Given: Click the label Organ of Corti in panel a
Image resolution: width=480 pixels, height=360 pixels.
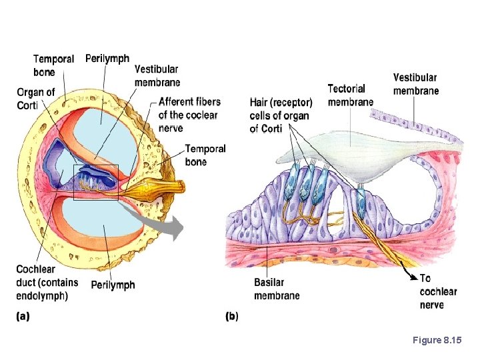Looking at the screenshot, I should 36,98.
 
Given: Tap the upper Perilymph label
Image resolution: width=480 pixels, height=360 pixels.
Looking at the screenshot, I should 107,59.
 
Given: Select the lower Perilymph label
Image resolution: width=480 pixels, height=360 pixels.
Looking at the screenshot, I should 113,285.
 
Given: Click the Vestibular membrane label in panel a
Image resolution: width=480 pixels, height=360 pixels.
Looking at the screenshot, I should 157,75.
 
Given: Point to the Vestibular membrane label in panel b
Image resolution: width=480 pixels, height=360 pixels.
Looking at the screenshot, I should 415,84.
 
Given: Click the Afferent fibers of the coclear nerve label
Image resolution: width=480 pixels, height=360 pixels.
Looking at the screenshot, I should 189,115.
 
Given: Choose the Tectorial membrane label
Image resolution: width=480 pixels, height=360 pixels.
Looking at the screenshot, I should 350,95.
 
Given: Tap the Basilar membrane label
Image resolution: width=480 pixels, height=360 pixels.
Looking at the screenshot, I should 277,289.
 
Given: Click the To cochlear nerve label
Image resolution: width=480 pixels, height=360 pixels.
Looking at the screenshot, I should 438,291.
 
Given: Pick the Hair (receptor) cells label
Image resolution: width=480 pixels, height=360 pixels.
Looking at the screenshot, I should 281,115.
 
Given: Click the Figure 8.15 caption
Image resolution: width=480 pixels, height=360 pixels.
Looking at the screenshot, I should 437,341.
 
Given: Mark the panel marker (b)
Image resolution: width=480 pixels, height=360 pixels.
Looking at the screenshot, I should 232,316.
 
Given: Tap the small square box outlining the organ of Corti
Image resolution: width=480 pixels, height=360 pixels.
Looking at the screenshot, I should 95,181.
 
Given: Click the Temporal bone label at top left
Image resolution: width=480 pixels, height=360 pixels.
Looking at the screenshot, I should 53,65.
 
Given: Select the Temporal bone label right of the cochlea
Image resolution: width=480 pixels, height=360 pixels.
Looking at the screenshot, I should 205,155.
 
